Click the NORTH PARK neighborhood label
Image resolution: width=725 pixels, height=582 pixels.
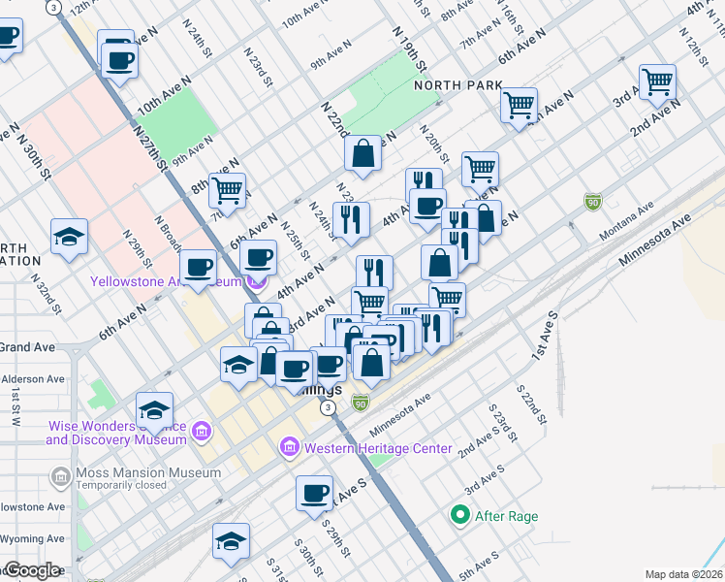(458, 85)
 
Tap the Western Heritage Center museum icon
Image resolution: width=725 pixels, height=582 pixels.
(290, 448)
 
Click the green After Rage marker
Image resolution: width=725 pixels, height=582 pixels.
(461, 516)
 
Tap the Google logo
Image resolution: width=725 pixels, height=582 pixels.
(31, 569)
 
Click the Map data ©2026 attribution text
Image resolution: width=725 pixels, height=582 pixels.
(683, 574)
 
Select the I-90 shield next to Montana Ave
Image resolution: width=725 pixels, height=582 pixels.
(592, 202)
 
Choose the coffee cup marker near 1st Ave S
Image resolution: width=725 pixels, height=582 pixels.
(314, 493)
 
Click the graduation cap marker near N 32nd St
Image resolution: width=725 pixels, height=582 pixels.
(70, 237)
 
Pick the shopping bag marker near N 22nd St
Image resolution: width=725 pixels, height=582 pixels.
(362, 153)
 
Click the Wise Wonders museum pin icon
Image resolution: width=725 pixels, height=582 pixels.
(202, 431)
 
